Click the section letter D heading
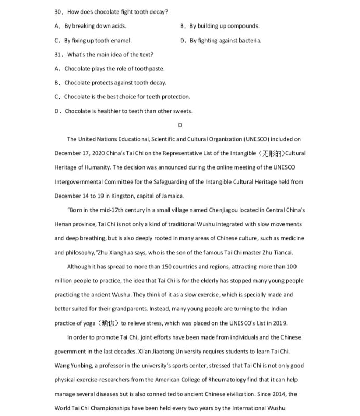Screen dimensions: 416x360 click(180, 125)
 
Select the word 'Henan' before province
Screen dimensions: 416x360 click(62, 224)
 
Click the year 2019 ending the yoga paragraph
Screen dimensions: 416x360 click(279, 323)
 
